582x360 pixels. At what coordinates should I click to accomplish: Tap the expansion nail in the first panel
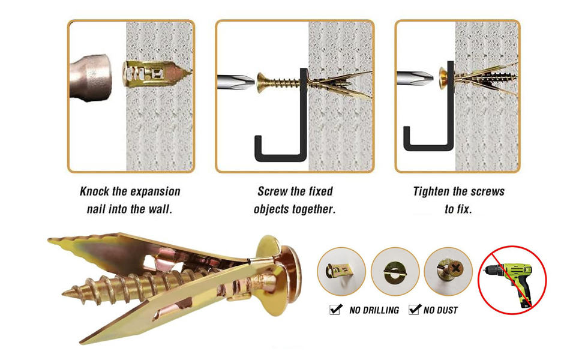(x=156, y=73)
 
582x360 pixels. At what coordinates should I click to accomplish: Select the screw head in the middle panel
(x=262, y=82)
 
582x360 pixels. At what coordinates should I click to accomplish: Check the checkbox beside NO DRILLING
(x=335, y=309)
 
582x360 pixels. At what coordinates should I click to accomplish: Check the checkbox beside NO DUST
(x=415, y=309)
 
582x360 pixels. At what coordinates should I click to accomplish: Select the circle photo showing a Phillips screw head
(x=448, y=271)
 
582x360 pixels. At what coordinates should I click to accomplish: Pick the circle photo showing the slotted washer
(x=395, y=271)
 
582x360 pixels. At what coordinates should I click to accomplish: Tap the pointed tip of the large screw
(x=63, y=293)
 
